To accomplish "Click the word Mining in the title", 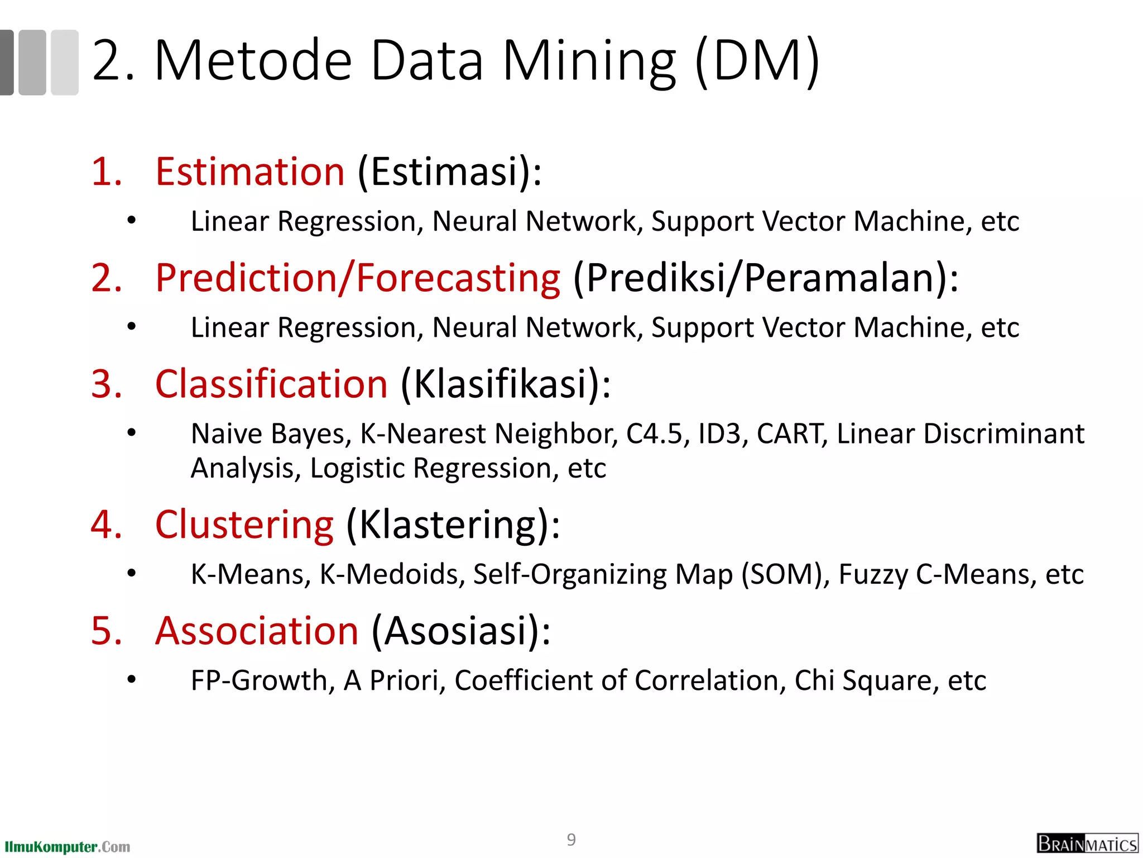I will coord(589,61).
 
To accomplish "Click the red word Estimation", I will coord(250,171).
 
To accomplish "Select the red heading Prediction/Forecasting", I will coord(357,278).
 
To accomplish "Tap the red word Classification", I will coord(271,384).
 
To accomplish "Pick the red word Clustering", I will coord(244,525).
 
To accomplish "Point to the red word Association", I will coord(257,631).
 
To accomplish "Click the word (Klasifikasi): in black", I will coord(506,384).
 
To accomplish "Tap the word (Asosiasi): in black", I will coord(461,631).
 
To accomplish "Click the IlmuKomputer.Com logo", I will coord(67,847).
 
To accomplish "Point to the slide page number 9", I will coord(571,840).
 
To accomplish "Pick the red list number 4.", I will coord(106,525).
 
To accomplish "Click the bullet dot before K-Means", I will coord(132,573).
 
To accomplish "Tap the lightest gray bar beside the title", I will coord(65,62).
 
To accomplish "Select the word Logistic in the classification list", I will coord(357,468).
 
